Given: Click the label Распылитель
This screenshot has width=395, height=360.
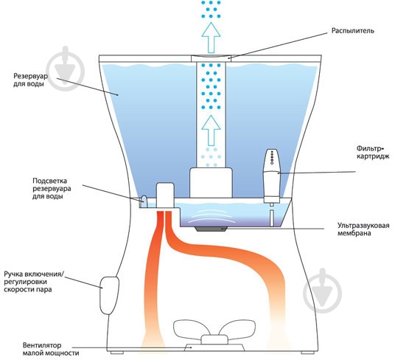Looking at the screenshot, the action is coord(353,31).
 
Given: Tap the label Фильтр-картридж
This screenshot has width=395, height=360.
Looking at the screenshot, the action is coord(373,152).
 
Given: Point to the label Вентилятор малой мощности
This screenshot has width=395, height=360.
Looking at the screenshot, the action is coord(51,349).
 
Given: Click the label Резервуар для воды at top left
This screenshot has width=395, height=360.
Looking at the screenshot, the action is coord(30,80).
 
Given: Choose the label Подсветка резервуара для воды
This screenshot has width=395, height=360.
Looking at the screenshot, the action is coord(52,188).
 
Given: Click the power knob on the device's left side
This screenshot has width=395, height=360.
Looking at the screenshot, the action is coord(109,295).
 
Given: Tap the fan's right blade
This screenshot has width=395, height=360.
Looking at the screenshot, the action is coord(237,329).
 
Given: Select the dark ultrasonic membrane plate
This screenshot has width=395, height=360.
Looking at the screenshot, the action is coord(210,229).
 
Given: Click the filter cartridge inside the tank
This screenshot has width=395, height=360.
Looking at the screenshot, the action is coord(271,176).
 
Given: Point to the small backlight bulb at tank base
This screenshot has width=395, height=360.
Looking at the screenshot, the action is coord(143,201).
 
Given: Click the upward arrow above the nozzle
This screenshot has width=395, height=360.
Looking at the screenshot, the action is coord(211,38).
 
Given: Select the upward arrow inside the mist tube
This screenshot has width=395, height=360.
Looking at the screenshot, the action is coord(211,131).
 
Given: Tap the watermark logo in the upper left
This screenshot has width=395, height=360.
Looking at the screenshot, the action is coord(66,69).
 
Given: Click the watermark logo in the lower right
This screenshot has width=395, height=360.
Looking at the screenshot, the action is coord(323,291).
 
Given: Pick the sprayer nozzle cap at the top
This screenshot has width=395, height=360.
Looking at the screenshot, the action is coord(211,58).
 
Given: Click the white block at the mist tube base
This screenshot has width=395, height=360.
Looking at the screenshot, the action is coord(211,183).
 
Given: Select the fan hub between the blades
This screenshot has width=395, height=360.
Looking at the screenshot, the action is coord(214,339).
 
